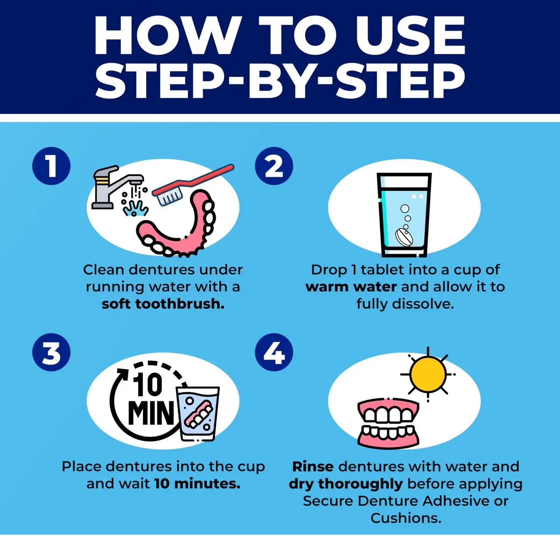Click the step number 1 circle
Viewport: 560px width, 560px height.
51,166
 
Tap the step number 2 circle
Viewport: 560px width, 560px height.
274,166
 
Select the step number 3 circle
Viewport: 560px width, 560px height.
51,352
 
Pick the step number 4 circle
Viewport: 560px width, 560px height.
274,352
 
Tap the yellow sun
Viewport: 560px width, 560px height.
428,374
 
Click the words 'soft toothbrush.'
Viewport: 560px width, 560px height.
163,304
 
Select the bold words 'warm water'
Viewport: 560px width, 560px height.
351,287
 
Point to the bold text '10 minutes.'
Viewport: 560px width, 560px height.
197,483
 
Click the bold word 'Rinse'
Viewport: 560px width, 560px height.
313,467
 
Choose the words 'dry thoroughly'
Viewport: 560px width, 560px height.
346,484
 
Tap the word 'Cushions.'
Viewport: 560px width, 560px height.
406,518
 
